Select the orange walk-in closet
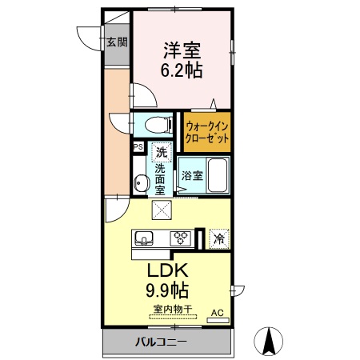pos(207,131)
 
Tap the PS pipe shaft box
pos(138,146)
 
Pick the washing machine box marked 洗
pos(162,151)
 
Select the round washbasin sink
pos(141,183)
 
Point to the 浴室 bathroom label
pos(191,175)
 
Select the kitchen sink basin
pos(146,238)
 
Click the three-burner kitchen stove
pos(182,238)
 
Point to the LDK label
pos(168,268)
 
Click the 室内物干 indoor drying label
pos(169,309)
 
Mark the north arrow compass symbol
pos(269,342)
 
